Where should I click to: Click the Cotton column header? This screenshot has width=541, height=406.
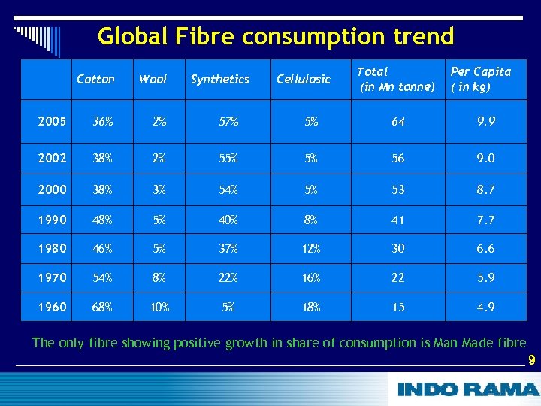tap(96, 79)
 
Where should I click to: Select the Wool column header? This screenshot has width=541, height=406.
tap(153, 79)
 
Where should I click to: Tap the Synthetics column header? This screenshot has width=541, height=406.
tap(220, 79)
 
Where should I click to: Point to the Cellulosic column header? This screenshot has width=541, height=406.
tap(304, 79)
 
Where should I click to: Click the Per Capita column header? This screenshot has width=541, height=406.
tap(480, 79)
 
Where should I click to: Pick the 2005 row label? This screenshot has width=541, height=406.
tap(52, 121)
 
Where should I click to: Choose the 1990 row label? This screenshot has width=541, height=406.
tap(52, 220)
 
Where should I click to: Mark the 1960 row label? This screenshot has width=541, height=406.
tap(52, 307)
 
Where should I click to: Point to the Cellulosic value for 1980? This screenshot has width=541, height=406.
tap(311, 249)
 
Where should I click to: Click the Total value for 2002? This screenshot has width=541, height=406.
tap(397, 159)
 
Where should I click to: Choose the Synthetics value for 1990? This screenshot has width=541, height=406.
tap(229, 220)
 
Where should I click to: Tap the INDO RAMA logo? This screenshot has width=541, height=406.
tap(467, 389)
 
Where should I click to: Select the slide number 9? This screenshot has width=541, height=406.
tap(531, 360)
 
